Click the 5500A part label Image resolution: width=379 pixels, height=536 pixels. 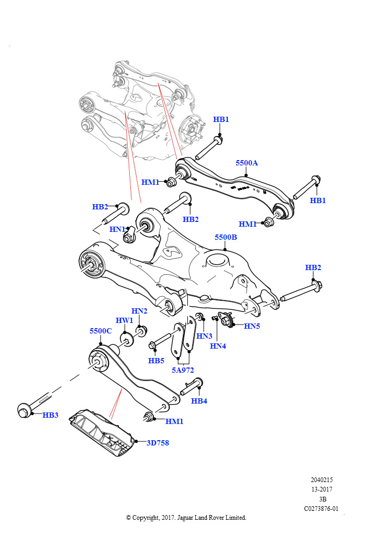pyautogui.click(x=247, y=163)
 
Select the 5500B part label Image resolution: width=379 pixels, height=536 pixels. pyautogui.click(x=226, y=237)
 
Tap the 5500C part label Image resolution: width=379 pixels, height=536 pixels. pyautogui.click(x=101, y=331)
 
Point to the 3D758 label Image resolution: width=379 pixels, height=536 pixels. pyautogui.click(x=158, y=442)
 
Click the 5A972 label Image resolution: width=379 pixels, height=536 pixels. pyautogui.click(x=183, y=370)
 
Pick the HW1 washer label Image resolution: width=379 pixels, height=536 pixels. pyautogui.click(x=124, y=320)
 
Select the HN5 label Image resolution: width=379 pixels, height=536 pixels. pyautogui.click(x=252, y=326)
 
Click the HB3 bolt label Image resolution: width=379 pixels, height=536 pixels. pyautogui.click(x=50, y=415)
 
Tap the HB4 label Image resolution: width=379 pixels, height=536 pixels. pyautogui.click(x=199, y=401)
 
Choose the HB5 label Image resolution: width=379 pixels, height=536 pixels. pyautogui.click(x=156, y=361)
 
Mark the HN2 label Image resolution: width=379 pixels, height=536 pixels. pyautogui.click(x=139, y=311)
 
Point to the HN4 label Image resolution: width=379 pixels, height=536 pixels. pyautogui.click(x=218, y=345)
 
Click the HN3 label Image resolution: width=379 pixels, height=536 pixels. pyautogui.click(x=204, y=336)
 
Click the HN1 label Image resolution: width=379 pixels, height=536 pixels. pyautogui.click(x=117, y=229)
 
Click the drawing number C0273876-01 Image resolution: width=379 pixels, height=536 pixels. pyautogui.click(x=321, y=508)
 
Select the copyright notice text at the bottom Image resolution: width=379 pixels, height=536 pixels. pyautogui.click(x=186, y=518)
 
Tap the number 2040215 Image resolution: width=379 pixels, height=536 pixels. pyautogui.click(x=321, y=480)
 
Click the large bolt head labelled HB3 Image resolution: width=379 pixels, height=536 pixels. pyautogui.click(x=24, y=410)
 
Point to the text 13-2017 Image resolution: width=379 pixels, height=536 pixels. pyautogui.click(x=321, y=489)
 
